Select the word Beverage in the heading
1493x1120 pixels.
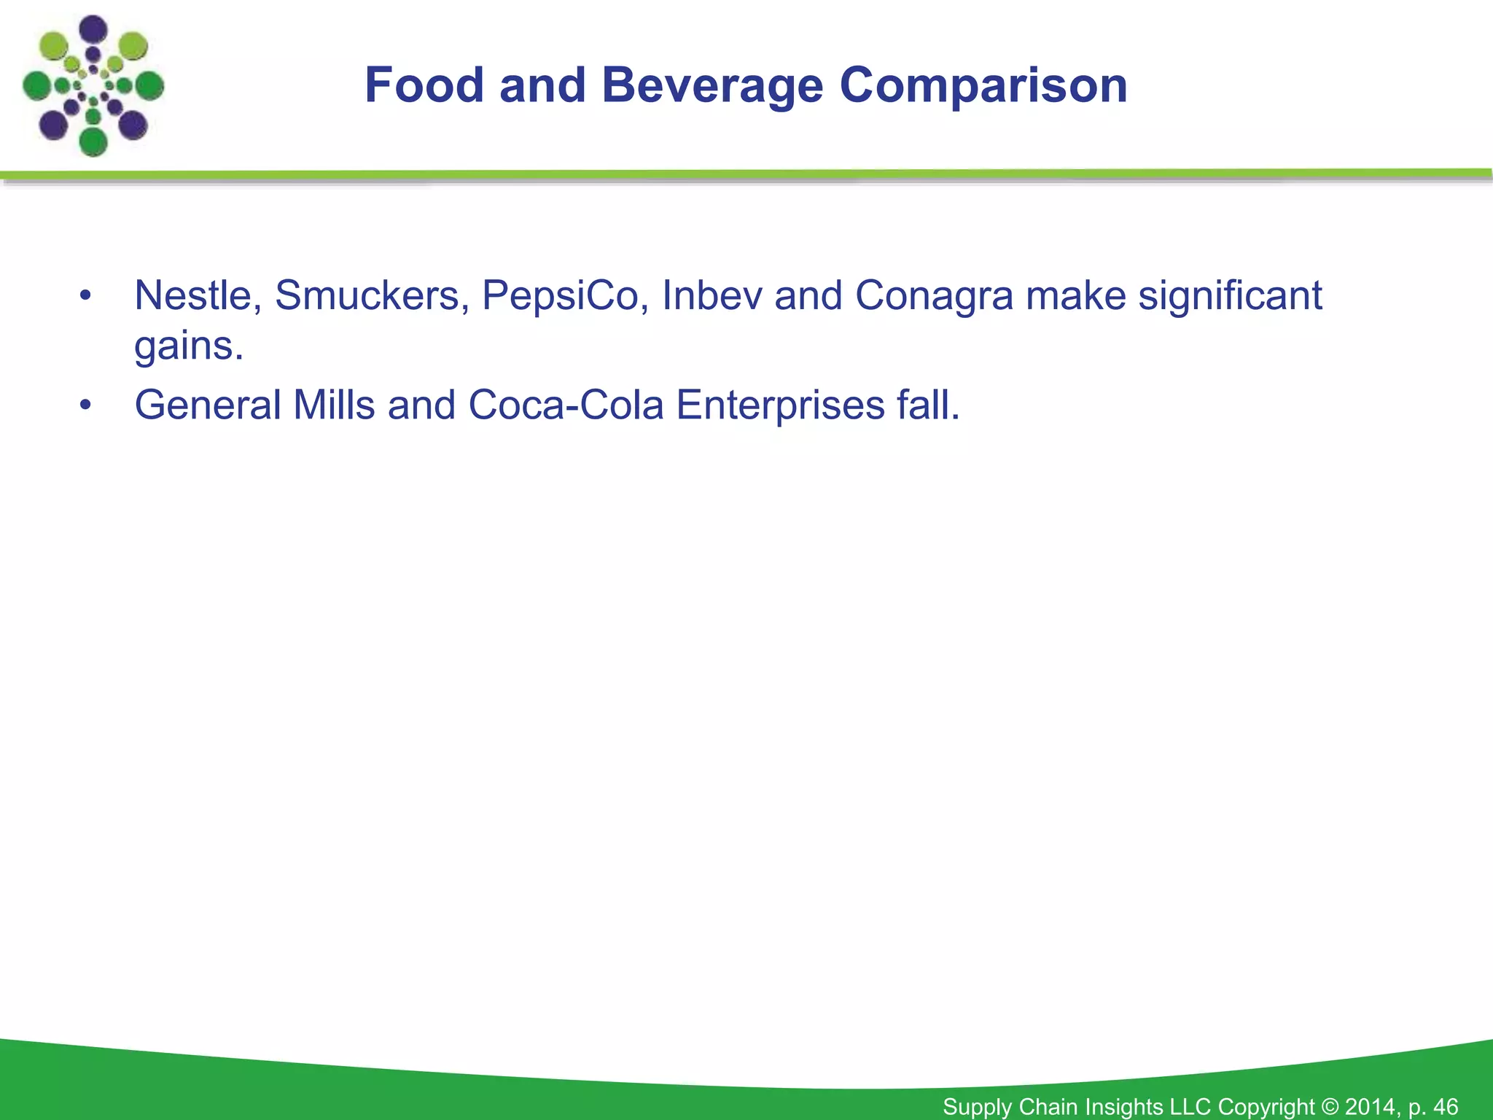pos(712,85)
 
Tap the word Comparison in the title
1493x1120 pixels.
pos(983,85)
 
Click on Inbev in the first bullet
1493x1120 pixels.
pos(712,295)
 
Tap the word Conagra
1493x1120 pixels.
pos(934,297)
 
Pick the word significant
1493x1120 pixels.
pos(1230,295)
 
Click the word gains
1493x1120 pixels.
pos(188,346)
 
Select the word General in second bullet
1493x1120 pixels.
pos(208,405)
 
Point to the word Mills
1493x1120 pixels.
pos(334,405)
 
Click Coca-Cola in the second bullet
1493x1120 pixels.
pos(566,405)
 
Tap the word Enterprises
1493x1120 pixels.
pos(780,406)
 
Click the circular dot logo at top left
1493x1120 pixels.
pos(93,86)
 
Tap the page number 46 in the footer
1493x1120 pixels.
pos(1445,1106)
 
